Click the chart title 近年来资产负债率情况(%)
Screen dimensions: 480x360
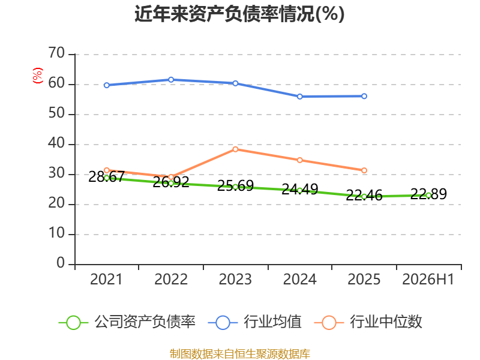[x=239, y=14]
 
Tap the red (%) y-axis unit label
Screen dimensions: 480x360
[x=38, y=76]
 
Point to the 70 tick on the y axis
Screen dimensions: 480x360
[x=56, y=53]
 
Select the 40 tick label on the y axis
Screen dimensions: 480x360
[x=56, y=143]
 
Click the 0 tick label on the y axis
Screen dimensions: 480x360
[x=61, y=263]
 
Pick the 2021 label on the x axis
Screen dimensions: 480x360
[x=106, y=280]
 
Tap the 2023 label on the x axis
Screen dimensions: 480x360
[x=235, y=280]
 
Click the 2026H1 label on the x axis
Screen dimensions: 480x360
[x=428, y=280]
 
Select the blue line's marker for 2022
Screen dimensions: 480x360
[x=171, y=80]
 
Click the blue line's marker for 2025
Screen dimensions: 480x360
[x=364, y=96]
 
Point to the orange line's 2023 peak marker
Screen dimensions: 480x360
[x=235, y=149]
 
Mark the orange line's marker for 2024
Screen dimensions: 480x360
[x=299, y=160]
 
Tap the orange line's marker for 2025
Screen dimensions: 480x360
[x=364, y=170]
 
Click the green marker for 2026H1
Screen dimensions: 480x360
[x=428, y=196]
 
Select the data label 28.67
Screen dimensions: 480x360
[x=107, y=177]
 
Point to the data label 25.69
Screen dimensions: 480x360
[x=235, y=186]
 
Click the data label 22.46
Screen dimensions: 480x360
[x=364, y=196]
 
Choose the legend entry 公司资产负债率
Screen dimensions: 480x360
[x=127, y=322]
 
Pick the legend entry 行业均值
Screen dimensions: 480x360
[x=254, y=322]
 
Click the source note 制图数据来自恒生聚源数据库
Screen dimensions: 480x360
[x=239, y=354]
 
